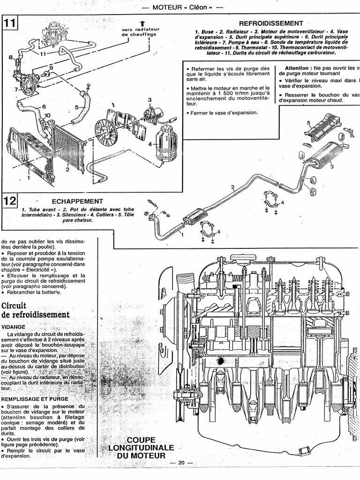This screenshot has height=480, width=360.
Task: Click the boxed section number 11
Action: point(9,24)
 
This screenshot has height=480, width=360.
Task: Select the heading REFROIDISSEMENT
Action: point(270,23)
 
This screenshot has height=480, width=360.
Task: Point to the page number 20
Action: point(182,463)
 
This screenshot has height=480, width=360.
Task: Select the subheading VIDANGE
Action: point(14,327)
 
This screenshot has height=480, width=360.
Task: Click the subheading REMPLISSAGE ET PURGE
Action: point(35,398)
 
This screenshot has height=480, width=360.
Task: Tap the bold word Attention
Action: point(298,68)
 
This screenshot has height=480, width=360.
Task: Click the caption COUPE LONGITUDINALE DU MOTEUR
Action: point(141,447)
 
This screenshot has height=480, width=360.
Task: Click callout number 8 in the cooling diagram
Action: point(10,57)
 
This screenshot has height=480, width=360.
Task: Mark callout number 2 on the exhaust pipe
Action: point(232,187)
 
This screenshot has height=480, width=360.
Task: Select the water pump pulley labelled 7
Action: point(28,87)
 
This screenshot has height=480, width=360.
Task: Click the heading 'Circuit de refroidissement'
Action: point(36,310)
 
